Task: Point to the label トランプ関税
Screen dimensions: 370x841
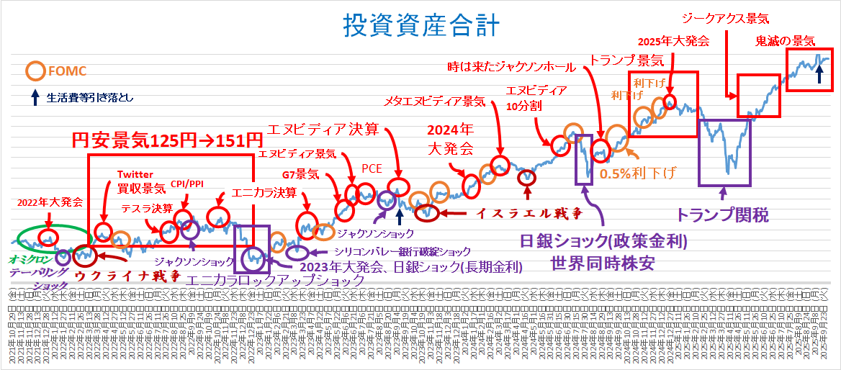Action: click(x=722, y=214)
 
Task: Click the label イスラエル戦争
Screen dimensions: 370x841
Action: click(x=529, y=214)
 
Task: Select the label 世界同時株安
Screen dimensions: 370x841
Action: click(x=603, y=261)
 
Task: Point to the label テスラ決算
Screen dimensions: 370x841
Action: click(x=147, y=209)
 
